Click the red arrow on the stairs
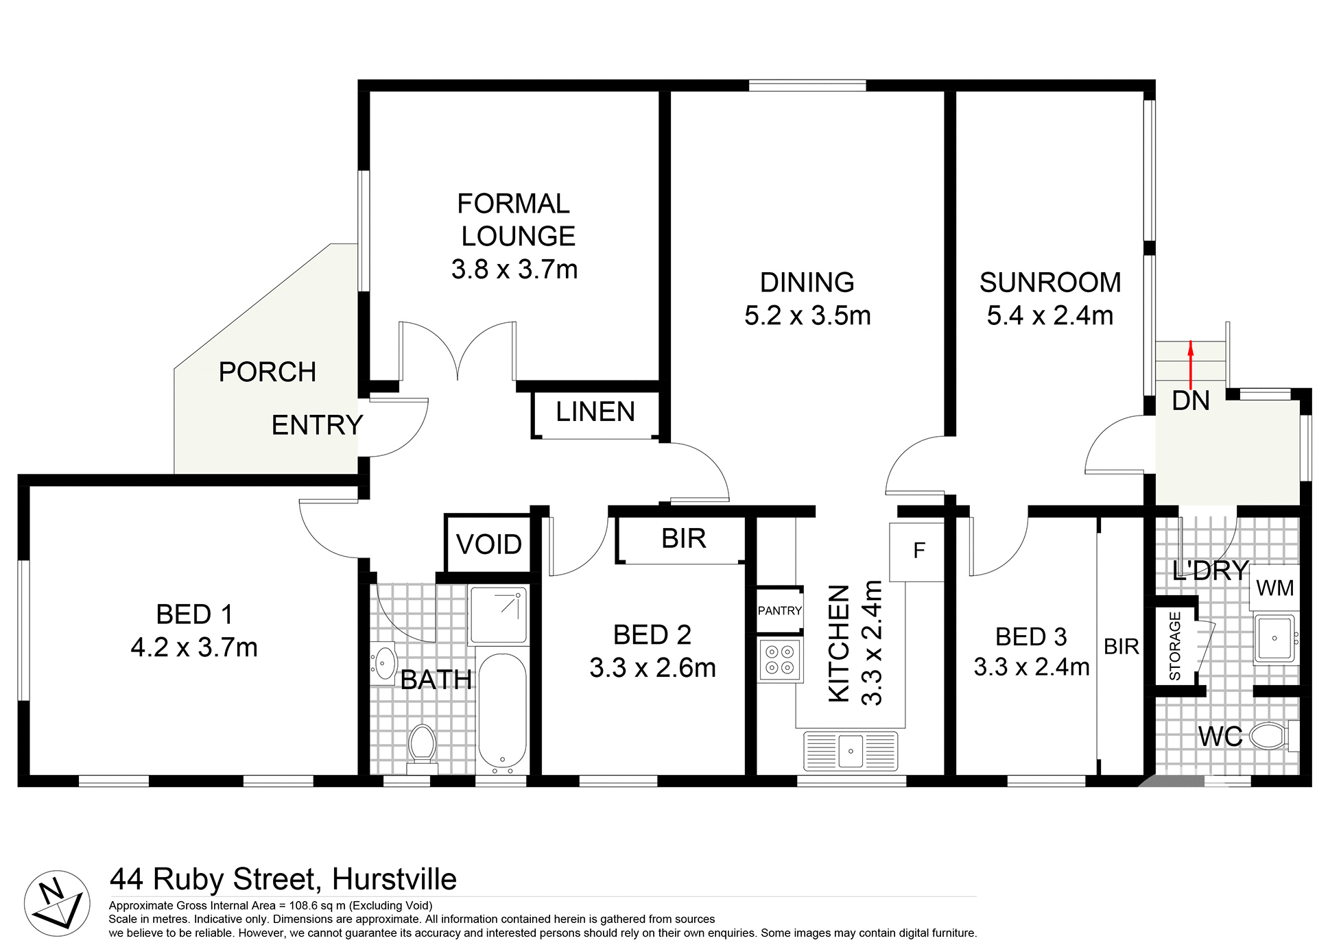1190,365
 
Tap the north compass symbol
58,903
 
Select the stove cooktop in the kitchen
780,660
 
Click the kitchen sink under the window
851,751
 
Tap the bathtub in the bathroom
502,711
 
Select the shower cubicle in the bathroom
499,614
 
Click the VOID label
488,544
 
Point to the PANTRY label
779,610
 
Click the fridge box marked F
918,551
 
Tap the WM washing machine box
1274,588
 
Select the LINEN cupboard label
595,412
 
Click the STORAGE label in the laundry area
1174,646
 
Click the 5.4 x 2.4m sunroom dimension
1049,316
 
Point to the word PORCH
267,372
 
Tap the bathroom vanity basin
385,662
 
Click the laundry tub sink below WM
1274,638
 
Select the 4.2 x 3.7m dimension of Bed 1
194,647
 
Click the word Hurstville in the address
394,879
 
